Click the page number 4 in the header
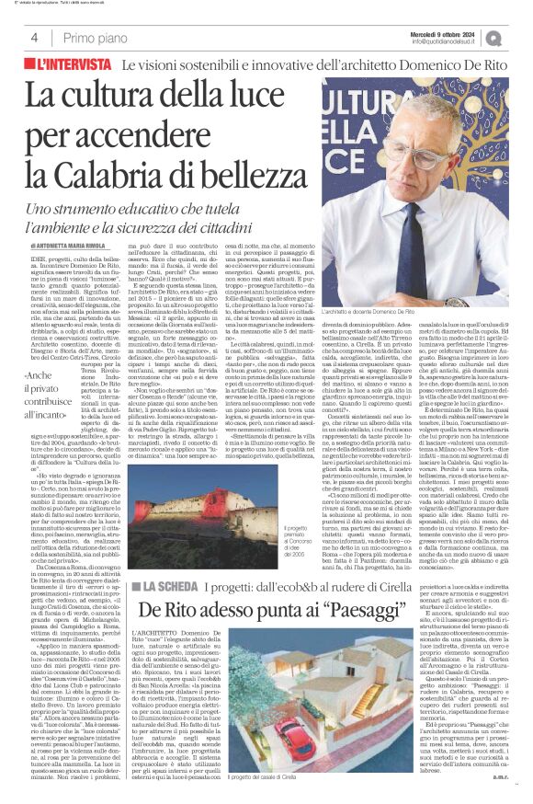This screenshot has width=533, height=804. click(x=33, y=38)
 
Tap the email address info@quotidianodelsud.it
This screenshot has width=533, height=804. click(x=448, y=41)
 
